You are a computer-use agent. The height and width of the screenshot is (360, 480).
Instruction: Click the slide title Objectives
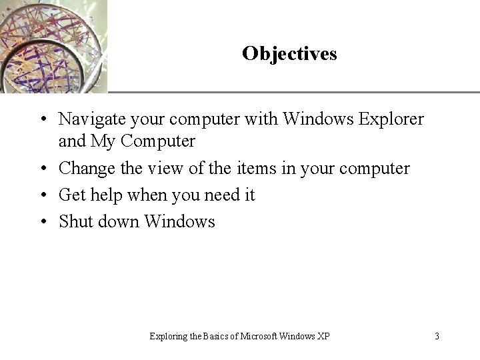point(289,53)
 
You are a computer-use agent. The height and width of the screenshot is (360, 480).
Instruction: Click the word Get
point(73,195)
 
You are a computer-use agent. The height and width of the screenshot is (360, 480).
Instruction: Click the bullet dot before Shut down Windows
point(42,222)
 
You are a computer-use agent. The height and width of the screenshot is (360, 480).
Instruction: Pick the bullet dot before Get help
point(42,196)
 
